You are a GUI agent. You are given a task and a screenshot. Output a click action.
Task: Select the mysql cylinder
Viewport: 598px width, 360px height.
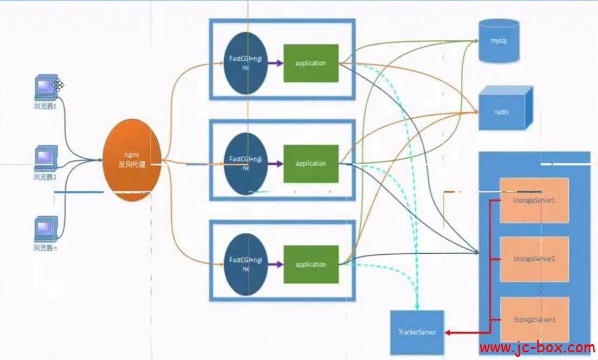pyautogui.click(x=498, y=41)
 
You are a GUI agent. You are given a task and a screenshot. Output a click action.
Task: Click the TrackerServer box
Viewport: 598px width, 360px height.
pyautogui.click(x=416, y=332)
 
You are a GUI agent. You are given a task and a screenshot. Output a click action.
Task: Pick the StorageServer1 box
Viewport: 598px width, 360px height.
pyautogui.click(x=534, y=200)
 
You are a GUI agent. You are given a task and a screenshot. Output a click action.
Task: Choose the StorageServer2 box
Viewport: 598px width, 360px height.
pyautogui.click(x=534, y=258)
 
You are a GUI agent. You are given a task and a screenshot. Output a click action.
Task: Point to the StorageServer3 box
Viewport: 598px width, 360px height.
pyautogui.click(x=534, y=319)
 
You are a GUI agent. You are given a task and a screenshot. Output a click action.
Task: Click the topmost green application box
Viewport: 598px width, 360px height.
pyautogui.click(x=311, y=63)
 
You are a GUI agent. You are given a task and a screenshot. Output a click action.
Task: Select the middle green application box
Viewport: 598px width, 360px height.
pyautogui.click(x=311, y=164)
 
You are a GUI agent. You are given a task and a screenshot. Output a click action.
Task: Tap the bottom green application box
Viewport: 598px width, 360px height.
pyautogui.click(x=311, y=264)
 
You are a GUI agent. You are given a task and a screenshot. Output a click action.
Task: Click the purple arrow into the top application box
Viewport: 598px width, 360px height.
pyautogui.click(x=275, y=63)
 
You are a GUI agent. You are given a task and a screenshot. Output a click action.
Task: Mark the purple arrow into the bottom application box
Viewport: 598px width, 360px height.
pyautogui.click(x=275, y=264)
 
